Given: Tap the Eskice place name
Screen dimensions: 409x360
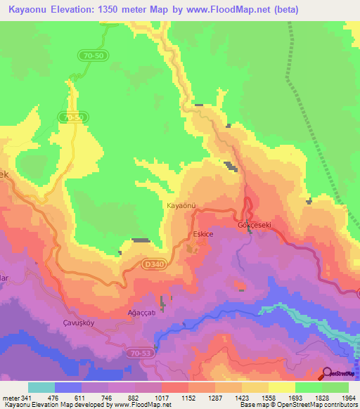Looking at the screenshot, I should [x=202, y=233].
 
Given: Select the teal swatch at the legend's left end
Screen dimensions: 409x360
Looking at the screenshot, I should [x=41, y=387].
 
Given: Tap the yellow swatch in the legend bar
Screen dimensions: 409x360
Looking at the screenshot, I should [x=281, y=387].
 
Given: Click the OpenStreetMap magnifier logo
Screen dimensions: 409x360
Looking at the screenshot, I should [x=327, y=373].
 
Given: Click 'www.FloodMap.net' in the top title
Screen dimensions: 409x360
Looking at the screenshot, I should [x=233, y=10].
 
